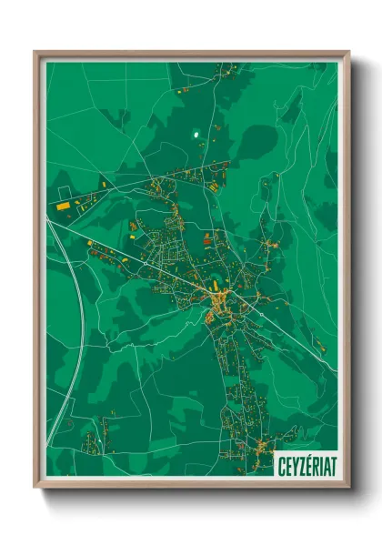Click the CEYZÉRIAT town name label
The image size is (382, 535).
click(307, 464)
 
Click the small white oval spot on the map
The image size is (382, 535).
click(196, 139)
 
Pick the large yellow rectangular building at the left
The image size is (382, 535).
click(63, 207)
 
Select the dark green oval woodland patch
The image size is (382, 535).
click(260, 141)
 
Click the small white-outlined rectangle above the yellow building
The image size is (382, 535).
click(65, 192)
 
